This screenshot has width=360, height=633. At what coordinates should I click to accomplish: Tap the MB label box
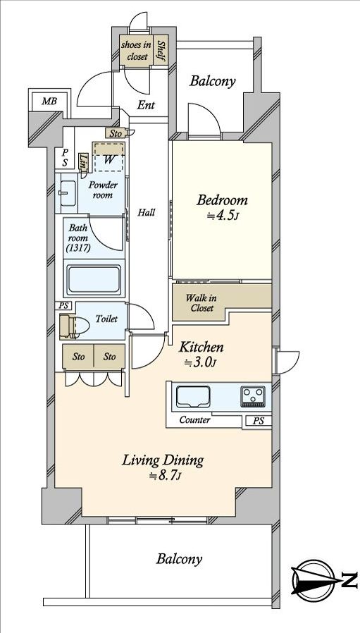click(x=49, y=102)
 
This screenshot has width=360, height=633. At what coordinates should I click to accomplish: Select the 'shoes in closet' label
click(x=137, y=51)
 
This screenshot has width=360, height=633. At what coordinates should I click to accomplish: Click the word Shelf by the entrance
click(x=161, y=51)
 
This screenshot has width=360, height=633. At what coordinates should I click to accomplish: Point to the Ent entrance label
click(x=146, y=106)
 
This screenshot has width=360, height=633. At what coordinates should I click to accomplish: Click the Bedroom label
click(x=222, y=201)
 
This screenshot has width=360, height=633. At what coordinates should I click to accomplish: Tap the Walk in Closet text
click(x=200, y=303)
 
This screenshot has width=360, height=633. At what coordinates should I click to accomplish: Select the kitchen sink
click(x=193, y=396)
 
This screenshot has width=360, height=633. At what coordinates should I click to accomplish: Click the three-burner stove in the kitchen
click(x=253, y=396)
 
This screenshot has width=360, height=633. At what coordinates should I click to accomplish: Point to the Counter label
click(x=194, y=420)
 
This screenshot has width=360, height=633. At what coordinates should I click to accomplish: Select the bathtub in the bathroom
click(x=94, y=280)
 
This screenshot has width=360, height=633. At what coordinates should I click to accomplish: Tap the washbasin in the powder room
click(x=68, y=193)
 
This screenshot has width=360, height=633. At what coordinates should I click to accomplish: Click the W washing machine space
click(x=109, y=156)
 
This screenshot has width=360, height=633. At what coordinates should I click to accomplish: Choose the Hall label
click(x=146, y=212)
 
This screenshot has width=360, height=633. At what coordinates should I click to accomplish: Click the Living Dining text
click(x=163, y=460)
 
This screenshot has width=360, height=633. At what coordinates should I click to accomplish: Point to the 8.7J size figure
click(x=165, y=476)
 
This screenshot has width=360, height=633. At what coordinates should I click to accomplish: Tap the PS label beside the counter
click(x=259, y=421)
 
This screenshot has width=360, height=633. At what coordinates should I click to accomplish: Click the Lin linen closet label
click(x=84, y=162)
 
